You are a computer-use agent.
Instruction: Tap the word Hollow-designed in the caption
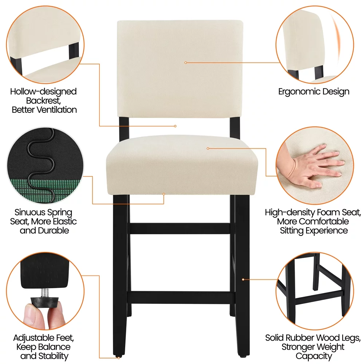pos(43,91)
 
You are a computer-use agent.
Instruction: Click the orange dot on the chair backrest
pos(186,63)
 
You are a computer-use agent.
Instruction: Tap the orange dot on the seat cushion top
pos(208,148)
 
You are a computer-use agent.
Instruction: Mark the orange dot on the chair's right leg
pos(243,279)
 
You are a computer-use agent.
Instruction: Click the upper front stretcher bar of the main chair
pos(180,229)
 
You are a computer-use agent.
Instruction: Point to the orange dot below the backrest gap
pos(175,126)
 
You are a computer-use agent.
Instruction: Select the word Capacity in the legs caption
pos(313,356)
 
